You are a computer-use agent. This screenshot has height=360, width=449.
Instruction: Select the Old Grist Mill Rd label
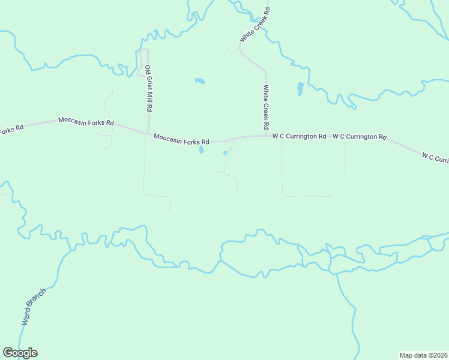(x=148, y=89)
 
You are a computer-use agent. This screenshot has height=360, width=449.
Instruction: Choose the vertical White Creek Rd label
(x=265, y=108)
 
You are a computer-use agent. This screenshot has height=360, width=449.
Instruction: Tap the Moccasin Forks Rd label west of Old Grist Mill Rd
(x=86, y=122)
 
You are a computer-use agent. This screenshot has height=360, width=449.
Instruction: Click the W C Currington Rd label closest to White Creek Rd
(x=299, y=136)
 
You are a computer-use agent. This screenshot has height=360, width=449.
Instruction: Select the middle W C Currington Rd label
(x=359, y=137)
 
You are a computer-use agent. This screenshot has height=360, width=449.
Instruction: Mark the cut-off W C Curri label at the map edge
(x=435, y=158)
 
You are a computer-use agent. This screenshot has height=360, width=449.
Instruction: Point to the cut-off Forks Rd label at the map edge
(x=11, y=129)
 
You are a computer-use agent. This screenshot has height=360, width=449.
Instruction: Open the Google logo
(x=20, y=353)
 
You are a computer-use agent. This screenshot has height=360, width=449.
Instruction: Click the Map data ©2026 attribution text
(x=423, y=355)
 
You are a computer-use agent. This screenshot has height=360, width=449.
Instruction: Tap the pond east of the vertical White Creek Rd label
(x=300, y=89)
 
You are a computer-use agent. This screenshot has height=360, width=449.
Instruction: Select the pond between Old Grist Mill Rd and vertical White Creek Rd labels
(x=200, y=81)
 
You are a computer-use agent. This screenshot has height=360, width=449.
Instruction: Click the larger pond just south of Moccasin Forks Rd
(x=202, y=150)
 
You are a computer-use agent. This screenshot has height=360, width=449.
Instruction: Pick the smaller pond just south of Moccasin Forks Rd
(x=225, y=153)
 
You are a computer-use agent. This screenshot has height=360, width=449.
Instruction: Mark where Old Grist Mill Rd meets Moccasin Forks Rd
(x=148, y=134)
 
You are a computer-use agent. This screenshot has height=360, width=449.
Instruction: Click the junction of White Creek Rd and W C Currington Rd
(x=266, y=136)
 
